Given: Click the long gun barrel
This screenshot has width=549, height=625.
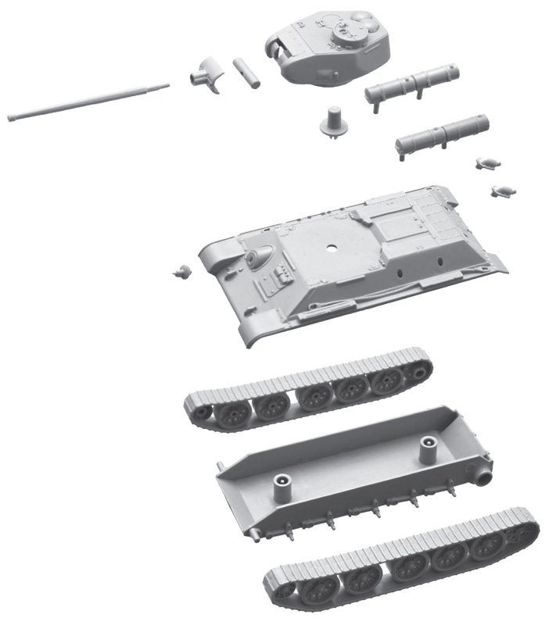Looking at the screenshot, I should (x=86, y=101).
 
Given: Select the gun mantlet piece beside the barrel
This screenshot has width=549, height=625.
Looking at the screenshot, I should (x=205, y=77).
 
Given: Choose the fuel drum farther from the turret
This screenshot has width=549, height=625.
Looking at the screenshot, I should (x=443, y=133).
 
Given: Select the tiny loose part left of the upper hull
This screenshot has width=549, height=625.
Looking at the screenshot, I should (x=182, y=271).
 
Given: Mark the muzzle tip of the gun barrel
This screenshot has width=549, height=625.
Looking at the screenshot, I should (x=11, y=118).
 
